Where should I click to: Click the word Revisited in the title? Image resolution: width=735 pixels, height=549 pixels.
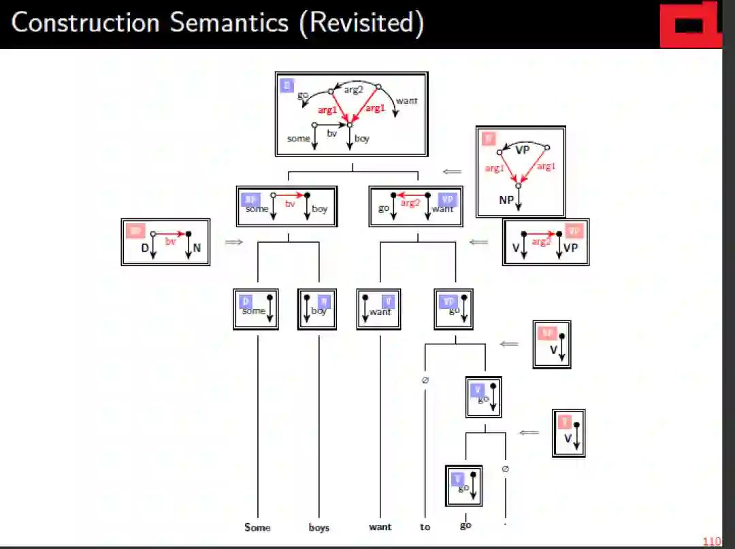click(x=365, y=23)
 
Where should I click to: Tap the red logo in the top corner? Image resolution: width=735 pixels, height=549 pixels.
click(x=691, y=24)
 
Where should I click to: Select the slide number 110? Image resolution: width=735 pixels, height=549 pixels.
click(x=711, y=542)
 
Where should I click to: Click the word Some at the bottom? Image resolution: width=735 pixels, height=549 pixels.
click(x=257, y=527)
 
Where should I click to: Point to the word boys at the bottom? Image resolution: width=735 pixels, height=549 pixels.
click(x=318, y=527)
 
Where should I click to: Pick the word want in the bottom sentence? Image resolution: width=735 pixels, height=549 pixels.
click(x=380, y=527)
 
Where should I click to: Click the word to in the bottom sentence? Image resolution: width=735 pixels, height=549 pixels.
click(x=425, y=527)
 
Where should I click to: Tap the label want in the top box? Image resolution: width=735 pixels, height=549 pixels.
click(x=406, y=101)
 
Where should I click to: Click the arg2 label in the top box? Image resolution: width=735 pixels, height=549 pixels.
click(x=353, y=90)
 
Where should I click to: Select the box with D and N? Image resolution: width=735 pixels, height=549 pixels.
click(x=165, y=242)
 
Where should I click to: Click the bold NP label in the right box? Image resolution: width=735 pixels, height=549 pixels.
click(x=506, y=201)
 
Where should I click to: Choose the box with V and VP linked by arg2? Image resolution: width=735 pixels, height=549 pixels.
click(x=546, y=242)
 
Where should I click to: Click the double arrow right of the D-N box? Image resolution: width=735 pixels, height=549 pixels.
click(x=233, y=242)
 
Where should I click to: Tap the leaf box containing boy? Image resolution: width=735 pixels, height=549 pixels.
click(x=318, y=310)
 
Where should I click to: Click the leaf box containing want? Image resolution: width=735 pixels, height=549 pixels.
click(x=378, y=310)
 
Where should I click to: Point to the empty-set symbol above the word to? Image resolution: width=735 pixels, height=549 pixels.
click(x=425, y=380)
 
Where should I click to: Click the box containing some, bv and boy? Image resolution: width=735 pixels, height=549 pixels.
click(x=287, y=206)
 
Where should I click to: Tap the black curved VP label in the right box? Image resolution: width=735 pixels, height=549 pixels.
click(x=522, y=150)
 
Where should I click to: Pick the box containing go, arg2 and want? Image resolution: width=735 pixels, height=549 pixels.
click(x=415, y=206)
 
